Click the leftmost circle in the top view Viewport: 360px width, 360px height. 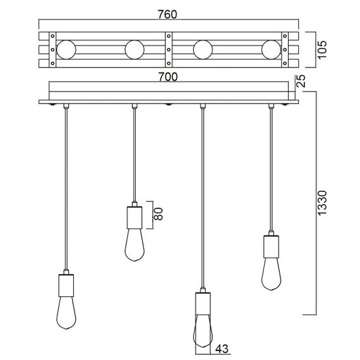click(x=66, y=49)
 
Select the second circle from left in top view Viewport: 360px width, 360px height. click(x=135, y=49)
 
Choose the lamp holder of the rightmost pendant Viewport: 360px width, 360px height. click(x=270, y=245)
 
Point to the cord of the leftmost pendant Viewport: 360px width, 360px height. click(x=66, y=189)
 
